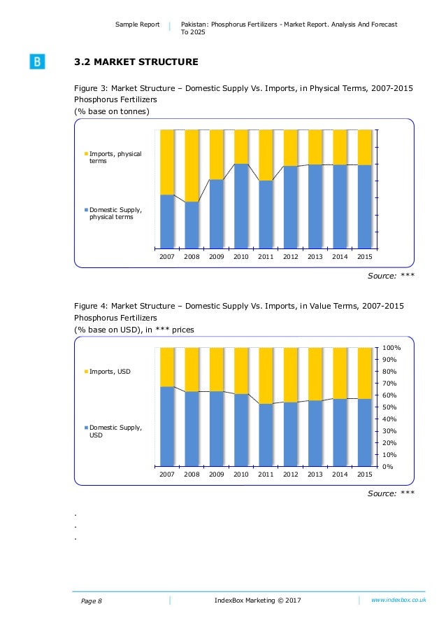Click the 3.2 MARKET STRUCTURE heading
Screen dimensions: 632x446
[x=136, y=62]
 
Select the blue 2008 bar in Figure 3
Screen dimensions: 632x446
[x=192, y=225]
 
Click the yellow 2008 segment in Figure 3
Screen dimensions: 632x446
[x=192, y=165]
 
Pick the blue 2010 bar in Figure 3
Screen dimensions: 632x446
[x=241, y=206]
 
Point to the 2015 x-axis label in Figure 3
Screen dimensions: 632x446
[x=364, y=257]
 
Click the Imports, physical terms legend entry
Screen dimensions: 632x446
[x=115, y=157]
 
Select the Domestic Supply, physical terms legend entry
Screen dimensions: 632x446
[x=115, y=213]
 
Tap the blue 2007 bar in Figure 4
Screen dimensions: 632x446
[x=167, y=426]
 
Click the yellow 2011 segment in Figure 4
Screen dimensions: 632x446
[x=266, y=375]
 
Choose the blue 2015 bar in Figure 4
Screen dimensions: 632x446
[x=364, y=433]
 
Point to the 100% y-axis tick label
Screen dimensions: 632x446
[x=391, y=348]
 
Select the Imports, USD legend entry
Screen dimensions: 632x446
[x=109, y=371]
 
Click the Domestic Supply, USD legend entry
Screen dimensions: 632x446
[x=115, y=430]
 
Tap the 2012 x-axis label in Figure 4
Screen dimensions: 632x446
[x=290, y=475]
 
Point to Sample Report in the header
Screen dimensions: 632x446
[x=137, y=24]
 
